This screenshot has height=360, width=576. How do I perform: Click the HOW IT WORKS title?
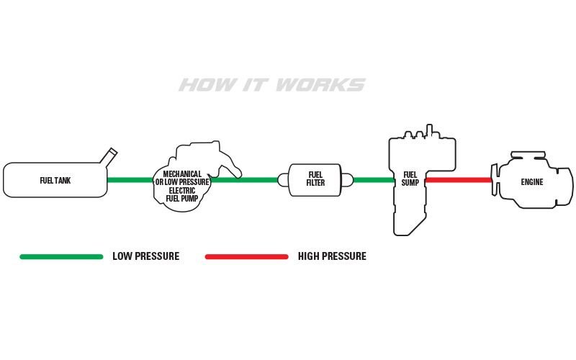point(271,86)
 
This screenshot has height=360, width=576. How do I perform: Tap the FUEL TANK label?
point(55,180)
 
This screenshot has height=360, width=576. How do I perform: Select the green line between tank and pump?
point(131,179)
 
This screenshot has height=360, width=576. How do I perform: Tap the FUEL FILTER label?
point(315,179)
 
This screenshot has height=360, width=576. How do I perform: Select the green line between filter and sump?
point(373,179)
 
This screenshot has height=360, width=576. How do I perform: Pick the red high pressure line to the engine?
point(458,179)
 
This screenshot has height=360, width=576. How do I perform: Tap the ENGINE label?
point(532,182)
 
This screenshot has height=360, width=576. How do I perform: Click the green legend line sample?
point(61,256)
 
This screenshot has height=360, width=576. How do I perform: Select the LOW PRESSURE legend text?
point(146,256)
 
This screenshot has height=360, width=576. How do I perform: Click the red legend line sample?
point(246,256)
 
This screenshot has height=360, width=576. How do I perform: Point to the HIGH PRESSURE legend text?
point(332,256)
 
